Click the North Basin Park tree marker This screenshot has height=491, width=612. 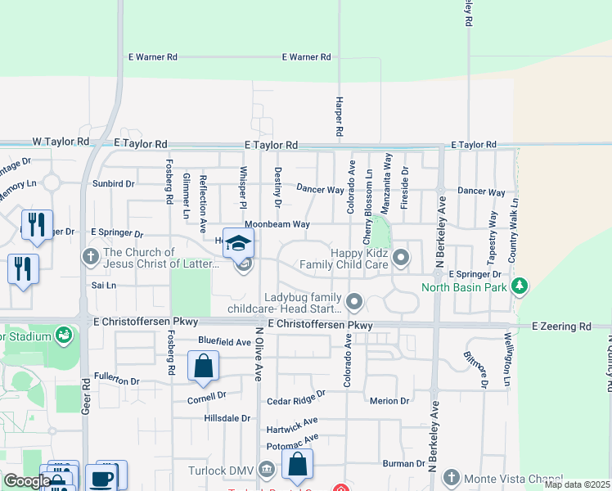pos(518,286)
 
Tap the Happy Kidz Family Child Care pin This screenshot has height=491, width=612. pos(401,259)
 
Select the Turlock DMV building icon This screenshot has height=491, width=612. pos(266,470)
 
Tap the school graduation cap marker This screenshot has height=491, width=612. pos(239,244)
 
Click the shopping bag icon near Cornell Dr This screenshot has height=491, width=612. pos(203,367)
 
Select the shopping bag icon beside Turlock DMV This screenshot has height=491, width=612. pos(297,465)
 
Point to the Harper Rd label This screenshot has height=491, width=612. pos(338,116)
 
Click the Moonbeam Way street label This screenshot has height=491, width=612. pos(277,223)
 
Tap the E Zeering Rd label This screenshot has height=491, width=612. pos(560,326)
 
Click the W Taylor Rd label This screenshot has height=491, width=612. pos(61,142)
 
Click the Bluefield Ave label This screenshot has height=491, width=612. pos(224,340)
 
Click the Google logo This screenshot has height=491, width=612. pos(26,481)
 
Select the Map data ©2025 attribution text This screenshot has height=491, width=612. pos(576,484)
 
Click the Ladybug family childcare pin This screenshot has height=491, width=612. pos(354,303)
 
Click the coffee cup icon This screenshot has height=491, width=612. pos(102,479)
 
